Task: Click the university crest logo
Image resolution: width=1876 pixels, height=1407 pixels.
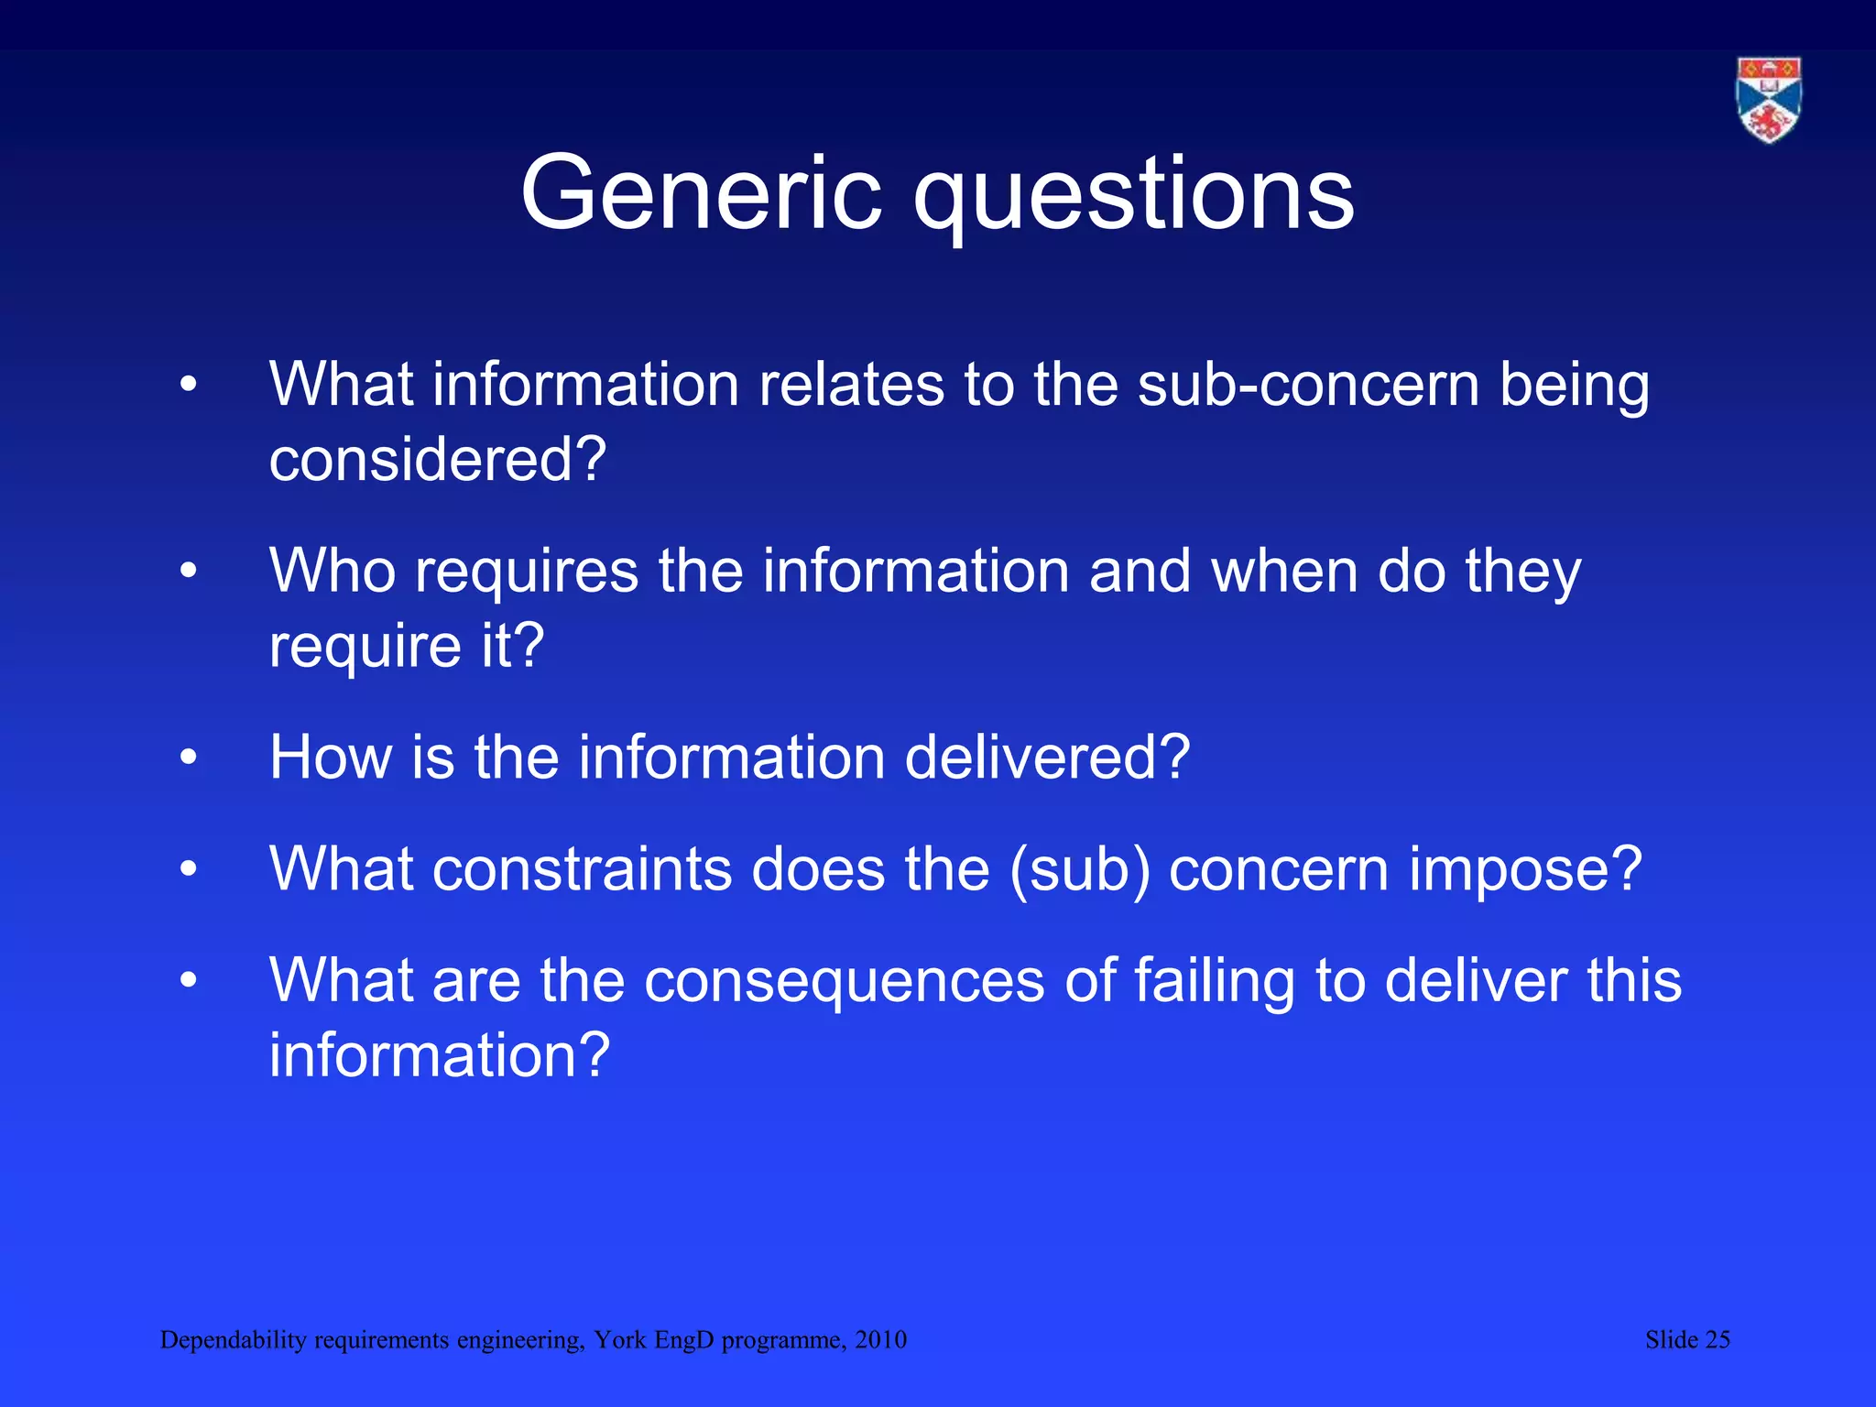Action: click(x=1769, y=100)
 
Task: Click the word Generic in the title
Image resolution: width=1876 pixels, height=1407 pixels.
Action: click(x=701, y=193)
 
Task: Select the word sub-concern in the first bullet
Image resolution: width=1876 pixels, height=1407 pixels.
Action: click(x=1308, y=384)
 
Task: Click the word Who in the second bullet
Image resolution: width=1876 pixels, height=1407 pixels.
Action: click(x=333, y=571)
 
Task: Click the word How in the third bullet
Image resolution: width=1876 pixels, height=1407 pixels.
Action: click(x=331, y=758)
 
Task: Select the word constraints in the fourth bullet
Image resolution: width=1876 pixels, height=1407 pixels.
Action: click(x=582, y=868)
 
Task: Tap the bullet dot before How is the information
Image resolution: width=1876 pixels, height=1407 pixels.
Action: click(x=189, y=758)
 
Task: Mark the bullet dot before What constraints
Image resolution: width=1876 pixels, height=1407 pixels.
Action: click(x=189, y=869)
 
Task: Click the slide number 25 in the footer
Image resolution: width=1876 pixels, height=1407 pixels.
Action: click(x=1717, y=1340)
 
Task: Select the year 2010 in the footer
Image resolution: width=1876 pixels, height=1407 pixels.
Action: click(x=880, y=1340)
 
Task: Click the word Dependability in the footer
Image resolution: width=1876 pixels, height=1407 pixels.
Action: click(x=233, y=1341)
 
